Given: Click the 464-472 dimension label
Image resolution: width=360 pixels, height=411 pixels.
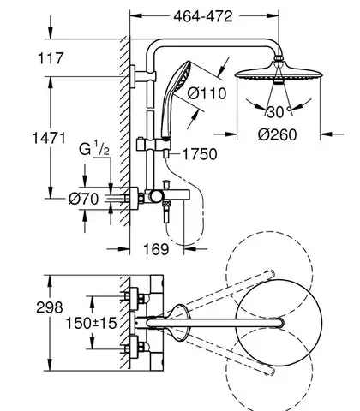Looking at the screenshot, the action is click(x=203, y=17).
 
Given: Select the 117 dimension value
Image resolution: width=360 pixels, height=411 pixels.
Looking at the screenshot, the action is click(x=51, y=58).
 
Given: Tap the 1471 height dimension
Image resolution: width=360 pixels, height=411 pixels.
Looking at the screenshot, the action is click(x=49, y=138).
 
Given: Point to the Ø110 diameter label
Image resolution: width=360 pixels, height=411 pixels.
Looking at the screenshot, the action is click(x=207, y=93).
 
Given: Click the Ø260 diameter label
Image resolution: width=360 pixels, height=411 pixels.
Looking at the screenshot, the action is click(x=278, y=134).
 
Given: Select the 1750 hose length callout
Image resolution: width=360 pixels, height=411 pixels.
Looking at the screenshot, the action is click(x=200, y=154).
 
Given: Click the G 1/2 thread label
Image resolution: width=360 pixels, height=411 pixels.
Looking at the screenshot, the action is click(x=94, y=149).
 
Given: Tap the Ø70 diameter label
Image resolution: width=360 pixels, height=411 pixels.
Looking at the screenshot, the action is click(x=84, y=199).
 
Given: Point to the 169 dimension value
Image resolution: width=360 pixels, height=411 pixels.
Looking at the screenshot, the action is click(x=156, y=249).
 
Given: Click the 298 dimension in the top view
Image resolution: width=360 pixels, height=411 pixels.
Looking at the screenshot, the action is click(x=50, y=307).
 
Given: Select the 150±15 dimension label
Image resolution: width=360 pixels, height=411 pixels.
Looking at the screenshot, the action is click(x=91, y=324).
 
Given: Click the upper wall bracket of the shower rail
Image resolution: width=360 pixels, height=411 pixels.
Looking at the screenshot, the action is click(x=143, y=76).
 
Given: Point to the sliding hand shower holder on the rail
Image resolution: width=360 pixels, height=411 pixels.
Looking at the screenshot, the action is click(x=153, y=144).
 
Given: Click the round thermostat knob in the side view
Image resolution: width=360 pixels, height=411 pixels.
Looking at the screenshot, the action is click(x=156, y=196).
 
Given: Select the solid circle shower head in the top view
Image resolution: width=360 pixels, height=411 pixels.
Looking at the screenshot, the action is click(x=279, y=323).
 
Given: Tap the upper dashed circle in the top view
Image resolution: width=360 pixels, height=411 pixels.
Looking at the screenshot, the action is click(x=269, y=231).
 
